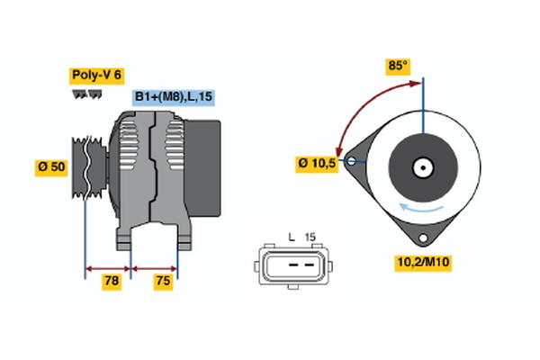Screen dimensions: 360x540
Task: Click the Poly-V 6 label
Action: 96,76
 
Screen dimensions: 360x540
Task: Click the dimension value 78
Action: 112,281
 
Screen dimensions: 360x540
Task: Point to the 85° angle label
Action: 397,66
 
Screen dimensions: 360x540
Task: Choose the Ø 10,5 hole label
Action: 316,163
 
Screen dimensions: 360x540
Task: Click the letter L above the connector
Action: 292,236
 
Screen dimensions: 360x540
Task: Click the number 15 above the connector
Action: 311,236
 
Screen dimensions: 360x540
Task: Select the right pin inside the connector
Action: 310,264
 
